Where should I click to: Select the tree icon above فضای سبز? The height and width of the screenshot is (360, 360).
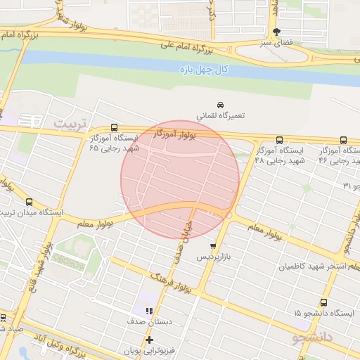(x=277, y=32)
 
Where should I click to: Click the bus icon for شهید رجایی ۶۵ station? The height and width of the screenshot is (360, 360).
(x=115, y=129)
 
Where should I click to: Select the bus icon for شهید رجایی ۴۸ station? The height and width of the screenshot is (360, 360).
(x=280, y=140)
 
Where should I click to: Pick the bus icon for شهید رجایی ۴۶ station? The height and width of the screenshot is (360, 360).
(x=343, y=140)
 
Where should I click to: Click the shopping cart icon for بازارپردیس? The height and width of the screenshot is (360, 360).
(x=212, y=246)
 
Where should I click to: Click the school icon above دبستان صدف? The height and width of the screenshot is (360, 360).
(x=149, y=310)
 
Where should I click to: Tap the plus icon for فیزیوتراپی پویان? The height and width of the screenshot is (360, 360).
(x=149, y=340)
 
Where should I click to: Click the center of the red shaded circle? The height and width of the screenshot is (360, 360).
(x=180, y=179)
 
